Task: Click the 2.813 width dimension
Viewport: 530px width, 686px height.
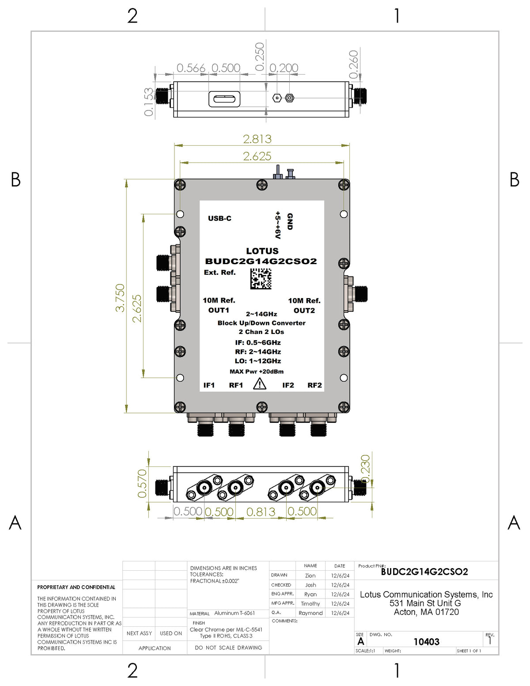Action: click(x=257, y=139)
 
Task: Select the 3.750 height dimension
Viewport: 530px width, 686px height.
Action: click(x=120, y=298)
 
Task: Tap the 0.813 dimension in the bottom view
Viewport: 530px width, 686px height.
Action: click(x=261, y=512)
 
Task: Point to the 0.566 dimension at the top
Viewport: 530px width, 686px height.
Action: click(x=191, y=68)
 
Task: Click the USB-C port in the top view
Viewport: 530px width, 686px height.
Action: click(x=224, y=99)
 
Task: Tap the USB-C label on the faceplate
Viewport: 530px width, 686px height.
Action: click(x=220, y=218)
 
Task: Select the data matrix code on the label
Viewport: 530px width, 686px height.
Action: click(x=261, y=279)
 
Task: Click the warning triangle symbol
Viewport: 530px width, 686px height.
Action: click(x=260, y=384)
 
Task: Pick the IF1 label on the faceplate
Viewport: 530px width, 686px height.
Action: click(x=209, y=385)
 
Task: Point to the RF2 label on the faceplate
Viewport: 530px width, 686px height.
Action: click(x=314, y=385)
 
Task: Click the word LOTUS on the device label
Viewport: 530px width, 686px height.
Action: click(x=262, y=251)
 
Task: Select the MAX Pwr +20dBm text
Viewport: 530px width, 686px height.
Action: click(x=257, y=371)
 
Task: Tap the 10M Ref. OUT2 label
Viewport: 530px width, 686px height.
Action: click(x=304, y=306)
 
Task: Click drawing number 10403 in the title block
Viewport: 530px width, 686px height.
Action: click(x=426, y=642)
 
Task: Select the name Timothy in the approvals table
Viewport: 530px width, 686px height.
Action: click(x=310, y=604)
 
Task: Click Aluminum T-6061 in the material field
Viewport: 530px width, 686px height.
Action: click(x=235, y=613)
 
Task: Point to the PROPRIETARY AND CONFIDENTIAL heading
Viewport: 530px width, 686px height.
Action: click(x=76, y=587)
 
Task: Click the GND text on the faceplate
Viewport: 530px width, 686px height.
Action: click(x=290, y=221)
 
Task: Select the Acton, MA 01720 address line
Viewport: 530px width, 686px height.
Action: click(x=426, y=612)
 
